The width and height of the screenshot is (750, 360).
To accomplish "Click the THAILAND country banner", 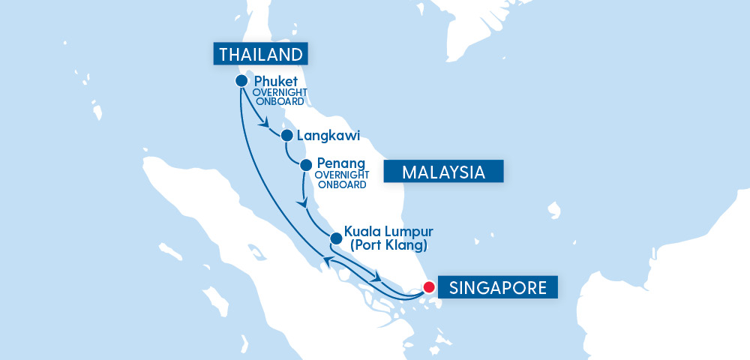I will (261, 54).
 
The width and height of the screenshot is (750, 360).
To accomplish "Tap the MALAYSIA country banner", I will (442, 172).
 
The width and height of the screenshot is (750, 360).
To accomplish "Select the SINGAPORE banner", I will (498, 287).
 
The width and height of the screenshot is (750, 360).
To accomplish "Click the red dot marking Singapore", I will (429, 286).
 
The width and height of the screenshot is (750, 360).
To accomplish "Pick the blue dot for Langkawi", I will (286, 136).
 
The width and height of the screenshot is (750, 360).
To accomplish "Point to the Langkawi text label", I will (328, 136).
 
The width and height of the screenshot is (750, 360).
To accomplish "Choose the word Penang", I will (341, 163).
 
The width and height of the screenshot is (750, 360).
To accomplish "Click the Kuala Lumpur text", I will (388, 231).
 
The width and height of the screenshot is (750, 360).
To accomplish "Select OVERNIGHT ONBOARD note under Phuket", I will (277, 97).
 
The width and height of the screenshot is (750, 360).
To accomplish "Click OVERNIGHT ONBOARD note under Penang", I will (341, 179).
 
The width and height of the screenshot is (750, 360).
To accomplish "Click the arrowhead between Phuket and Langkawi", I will (263, 124).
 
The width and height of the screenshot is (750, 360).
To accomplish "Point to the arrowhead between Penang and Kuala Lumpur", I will (303, 202).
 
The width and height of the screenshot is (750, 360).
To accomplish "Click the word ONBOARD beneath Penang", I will (341, 184).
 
